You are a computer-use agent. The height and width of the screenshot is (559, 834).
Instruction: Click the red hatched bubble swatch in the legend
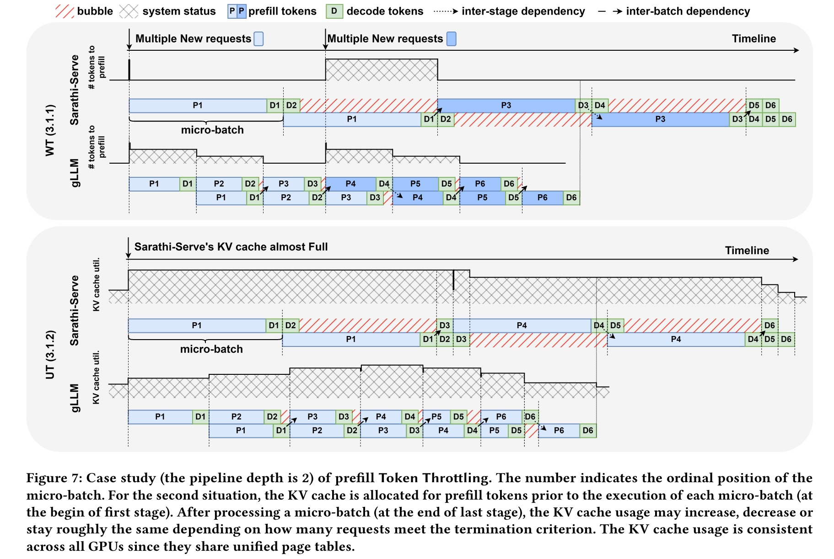(x=65, y=11)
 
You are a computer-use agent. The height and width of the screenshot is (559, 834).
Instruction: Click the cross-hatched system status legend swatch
(x=129, y=11)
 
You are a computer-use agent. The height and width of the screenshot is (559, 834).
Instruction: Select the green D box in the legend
(x=334, y=11)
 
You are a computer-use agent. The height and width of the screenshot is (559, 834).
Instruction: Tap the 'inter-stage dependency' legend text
(x=523, y=11)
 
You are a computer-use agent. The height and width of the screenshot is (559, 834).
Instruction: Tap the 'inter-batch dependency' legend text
(x=688, y=11)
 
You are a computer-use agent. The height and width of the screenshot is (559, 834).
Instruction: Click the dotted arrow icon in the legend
(x=446, y=11)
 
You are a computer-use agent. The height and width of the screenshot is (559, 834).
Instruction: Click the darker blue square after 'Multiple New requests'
(x=452, y=39)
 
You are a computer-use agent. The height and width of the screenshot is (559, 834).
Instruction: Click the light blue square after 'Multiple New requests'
(x=258, y=39)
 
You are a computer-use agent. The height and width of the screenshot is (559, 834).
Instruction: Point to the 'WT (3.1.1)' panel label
(x=50, y=130)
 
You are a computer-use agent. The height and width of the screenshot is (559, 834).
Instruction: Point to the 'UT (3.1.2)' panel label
(x=50, y=355)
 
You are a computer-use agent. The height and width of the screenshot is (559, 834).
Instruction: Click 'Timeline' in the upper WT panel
(x=754, y=39)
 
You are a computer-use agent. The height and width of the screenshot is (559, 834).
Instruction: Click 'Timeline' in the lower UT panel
(x=747, y=250)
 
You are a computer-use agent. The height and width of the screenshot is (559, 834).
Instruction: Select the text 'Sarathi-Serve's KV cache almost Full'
(x=231, y=247)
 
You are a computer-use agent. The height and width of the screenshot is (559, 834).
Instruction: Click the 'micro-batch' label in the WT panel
(x=212, y=130)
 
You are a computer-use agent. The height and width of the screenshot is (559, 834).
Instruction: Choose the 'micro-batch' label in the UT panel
(x=211, y=349)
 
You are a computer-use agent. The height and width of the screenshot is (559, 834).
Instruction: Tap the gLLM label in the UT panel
(x=75, y=398)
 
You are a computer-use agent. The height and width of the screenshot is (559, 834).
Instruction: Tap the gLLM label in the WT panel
(x=75, y=173)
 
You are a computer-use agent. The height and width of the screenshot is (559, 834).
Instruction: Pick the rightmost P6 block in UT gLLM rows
(x=559, y=431)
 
